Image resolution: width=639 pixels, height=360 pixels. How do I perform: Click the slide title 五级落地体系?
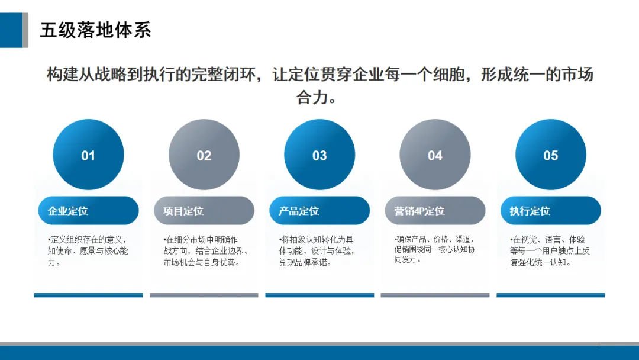(x=95, y=30)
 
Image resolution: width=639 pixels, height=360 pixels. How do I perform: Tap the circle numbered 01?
(x=88, y=155)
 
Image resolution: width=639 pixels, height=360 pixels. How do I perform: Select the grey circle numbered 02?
(x=204, y=155)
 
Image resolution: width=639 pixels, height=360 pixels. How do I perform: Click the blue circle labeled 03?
(x=319, y=155)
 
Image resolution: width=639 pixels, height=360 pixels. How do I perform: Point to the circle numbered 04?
(x=435, y=155)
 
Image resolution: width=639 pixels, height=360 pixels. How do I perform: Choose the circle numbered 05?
(x=551, y=155)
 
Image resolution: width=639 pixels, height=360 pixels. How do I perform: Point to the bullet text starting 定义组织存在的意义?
(x=87, y=250)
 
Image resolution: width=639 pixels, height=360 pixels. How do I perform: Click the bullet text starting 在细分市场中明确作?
(x=204, y=250)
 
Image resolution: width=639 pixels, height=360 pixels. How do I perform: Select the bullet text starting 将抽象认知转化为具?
(x=317, y=250)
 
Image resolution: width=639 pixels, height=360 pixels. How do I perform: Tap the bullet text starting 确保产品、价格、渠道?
(x=435, y=249)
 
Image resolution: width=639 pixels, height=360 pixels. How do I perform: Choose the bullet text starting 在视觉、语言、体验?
(x=550, y=250)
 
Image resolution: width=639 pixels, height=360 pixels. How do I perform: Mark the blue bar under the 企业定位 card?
(x=88, y=295)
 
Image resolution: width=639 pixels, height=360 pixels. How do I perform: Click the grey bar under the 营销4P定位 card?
(x=435, y=295)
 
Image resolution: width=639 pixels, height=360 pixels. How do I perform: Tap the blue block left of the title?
(x=11, y=30)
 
